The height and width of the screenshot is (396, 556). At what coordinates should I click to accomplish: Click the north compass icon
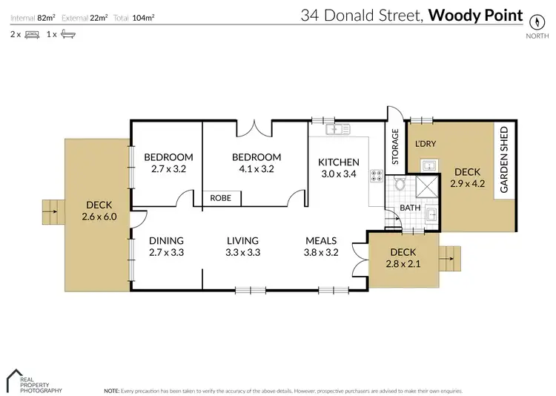pos(532,18)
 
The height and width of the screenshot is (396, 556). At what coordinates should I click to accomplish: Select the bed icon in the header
pos(32,34)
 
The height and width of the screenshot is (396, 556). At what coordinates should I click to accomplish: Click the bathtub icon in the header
pos(67,34)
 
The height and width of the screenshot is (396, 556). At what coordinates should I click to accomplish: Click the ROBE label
pos(220,198)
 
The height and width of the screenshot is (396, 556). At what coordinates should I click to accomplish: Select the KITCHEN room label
pos(338,162)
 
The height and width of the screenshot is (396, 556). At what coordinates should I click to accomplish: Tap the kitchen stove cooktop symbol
pos(377,176)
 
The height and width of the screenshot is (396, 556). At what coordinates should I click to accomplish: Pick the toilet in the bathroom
pos(400,185)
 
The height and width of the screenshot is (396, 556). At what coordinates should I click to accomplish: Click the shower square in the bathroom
pos(428,186)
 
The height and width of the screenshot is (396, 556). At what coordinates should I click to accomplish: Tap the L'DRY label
pos(425,143)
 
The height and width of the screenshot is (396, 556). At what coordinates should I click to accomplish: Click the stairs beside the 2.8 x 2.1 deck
pos(449,260)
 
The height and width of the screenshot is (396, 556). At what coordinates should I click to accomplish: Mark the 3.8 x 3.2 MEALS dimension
pos(321,252)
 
